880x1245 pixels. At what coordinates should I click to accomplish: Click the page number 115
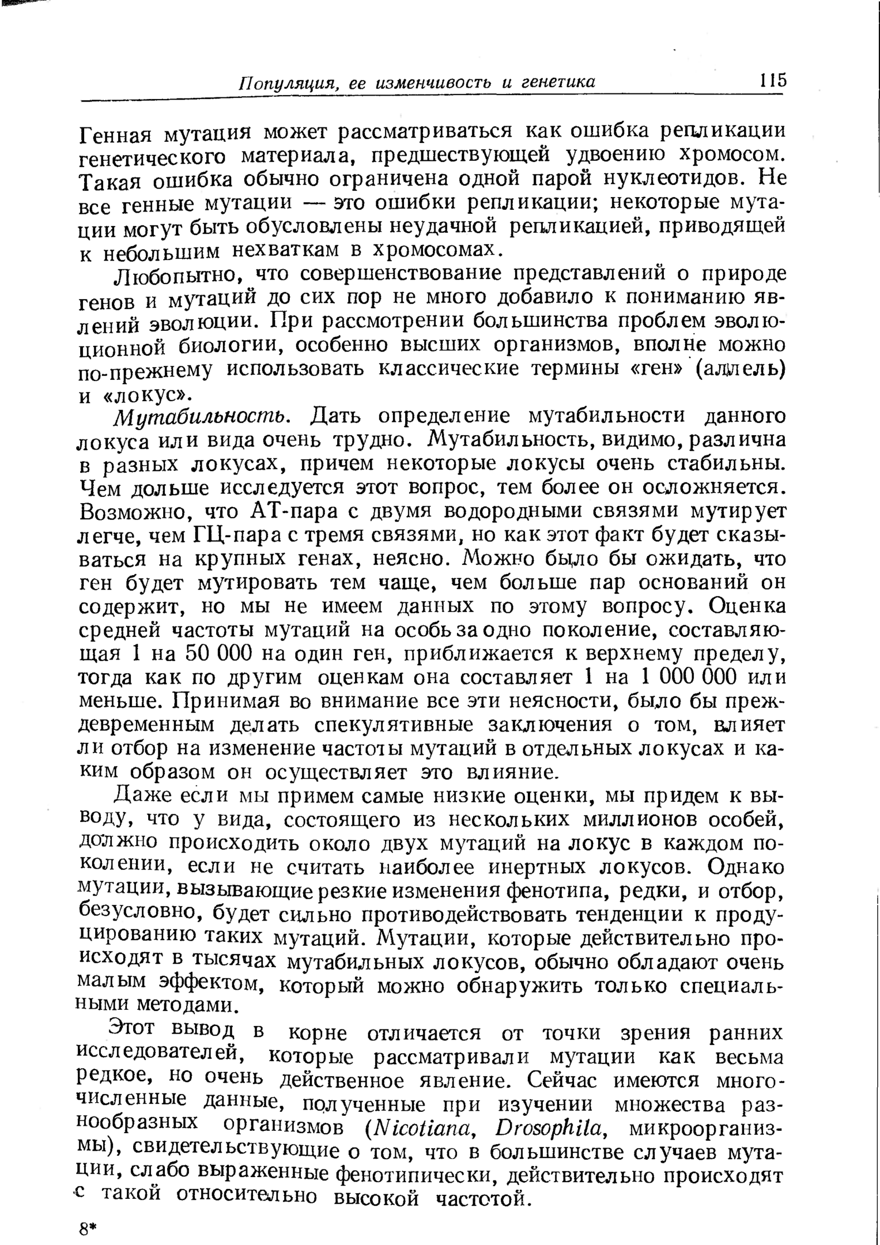772,80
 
